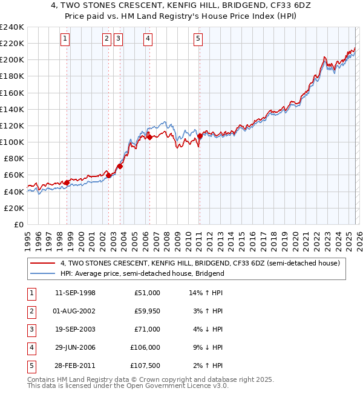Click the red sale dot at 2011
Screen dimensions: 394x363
click(x=199, y=136)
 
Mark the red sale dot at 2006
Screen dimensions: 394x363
click(x=149, y=137)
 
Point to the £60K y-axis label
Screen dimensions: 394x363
click(x=13, y=175)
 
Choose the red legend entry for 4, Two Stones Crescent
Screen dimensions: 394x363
click(x=200, y=263)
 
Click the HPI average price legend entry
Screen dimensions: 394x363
click(x=142, y=273)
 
